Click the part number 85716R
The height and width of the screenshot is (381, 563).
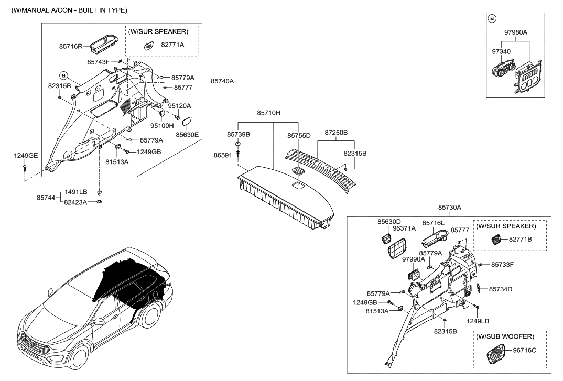[71, 46]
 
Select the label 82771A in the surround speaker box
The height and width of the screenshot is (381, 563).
[172, 45]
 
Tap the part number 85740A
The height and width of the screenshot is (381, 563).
[222, 81]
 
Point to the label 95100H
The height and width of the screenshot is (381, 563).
[162, 125]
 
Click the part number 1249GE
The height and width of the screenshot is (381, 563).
[26, 156]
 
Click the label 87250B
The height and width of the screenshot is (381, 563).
[336, 134]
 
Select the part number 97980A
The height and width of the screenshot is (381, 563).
[516, 32]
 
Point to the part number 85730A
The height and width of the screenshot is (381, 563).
[449, 208]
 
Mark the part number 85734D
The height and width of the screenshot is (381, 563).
[501, 289]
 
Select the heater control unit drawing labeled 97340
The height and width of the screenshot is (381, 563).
[502, 75]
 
